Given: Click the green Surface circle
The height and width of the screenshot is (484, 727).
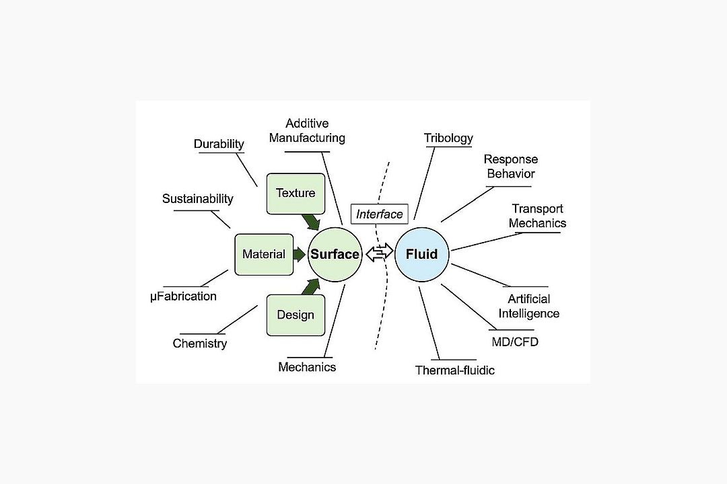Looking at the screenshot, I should pyautogui.click(x=335, y=254).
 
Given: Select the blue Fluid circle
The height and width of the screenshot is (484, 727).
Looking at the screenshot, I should pyautogui.click(x=421, y=254).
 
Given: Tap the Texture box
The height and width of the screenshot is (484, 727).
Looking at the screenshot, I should pyautogui.click(x=296, y=194).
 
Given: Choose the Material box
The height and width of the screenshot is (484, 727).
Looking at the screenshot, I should pyautogui.click(x=264, y=254).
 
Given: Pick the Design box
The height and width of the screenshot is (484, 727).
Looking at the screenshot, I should pyautogui.click(x=296, y=315).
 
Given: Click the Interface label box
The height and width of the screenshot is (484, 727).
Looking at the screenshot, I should pyautogui.click(x=380, y=214).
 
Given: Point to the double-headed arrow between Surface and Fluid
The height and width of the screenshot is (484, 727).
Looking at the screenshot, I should pyautogui.click(x=378, y=254).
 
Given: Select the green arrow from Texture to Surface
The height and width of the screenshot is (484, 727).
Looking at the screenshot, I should pyautogui.click(x=311, y=221).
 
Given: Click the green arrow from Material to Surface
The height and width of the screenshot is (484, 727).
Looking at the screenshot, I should pyautogui.click(x=300, y=254).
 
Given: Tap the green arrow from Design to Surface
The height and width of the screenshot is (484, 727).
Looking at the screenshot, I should pyautogui.click(x=310, y=287).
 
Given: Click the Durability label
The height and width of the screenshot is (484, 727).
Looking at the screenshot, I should pyautogui.click(x=219, y=144).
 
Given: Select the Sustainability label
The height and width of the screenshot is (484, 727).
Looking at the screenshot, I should pyautogui.click(x=198, y=198).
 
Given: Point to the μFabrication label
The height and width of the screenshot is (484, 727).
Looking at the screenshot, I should pyautogui.click(x=183, y=296).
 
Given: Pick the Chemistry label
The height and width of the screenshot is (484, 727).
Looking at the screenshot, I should pyautogui.click(x=200, y=344).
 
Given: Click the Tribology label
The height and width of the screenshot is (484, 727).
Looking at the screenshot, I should pyautogui.click(x=448, y=138).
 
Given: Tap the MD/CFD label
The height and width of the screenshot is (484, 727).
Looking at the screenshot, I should pyautogui.click(x=515, y=342).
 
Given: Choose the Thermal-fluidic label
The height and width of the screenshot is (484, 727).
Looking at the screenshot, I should pyautogui.click(x=455, y=370).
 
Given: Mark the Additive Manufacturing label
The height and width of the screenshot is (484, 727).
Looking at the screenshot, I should pyautogui.click(x=307, y=131).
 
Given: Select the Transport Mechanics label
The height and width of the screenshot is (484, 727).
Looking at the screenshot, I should pyautogui.click(x=537, y=216).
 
